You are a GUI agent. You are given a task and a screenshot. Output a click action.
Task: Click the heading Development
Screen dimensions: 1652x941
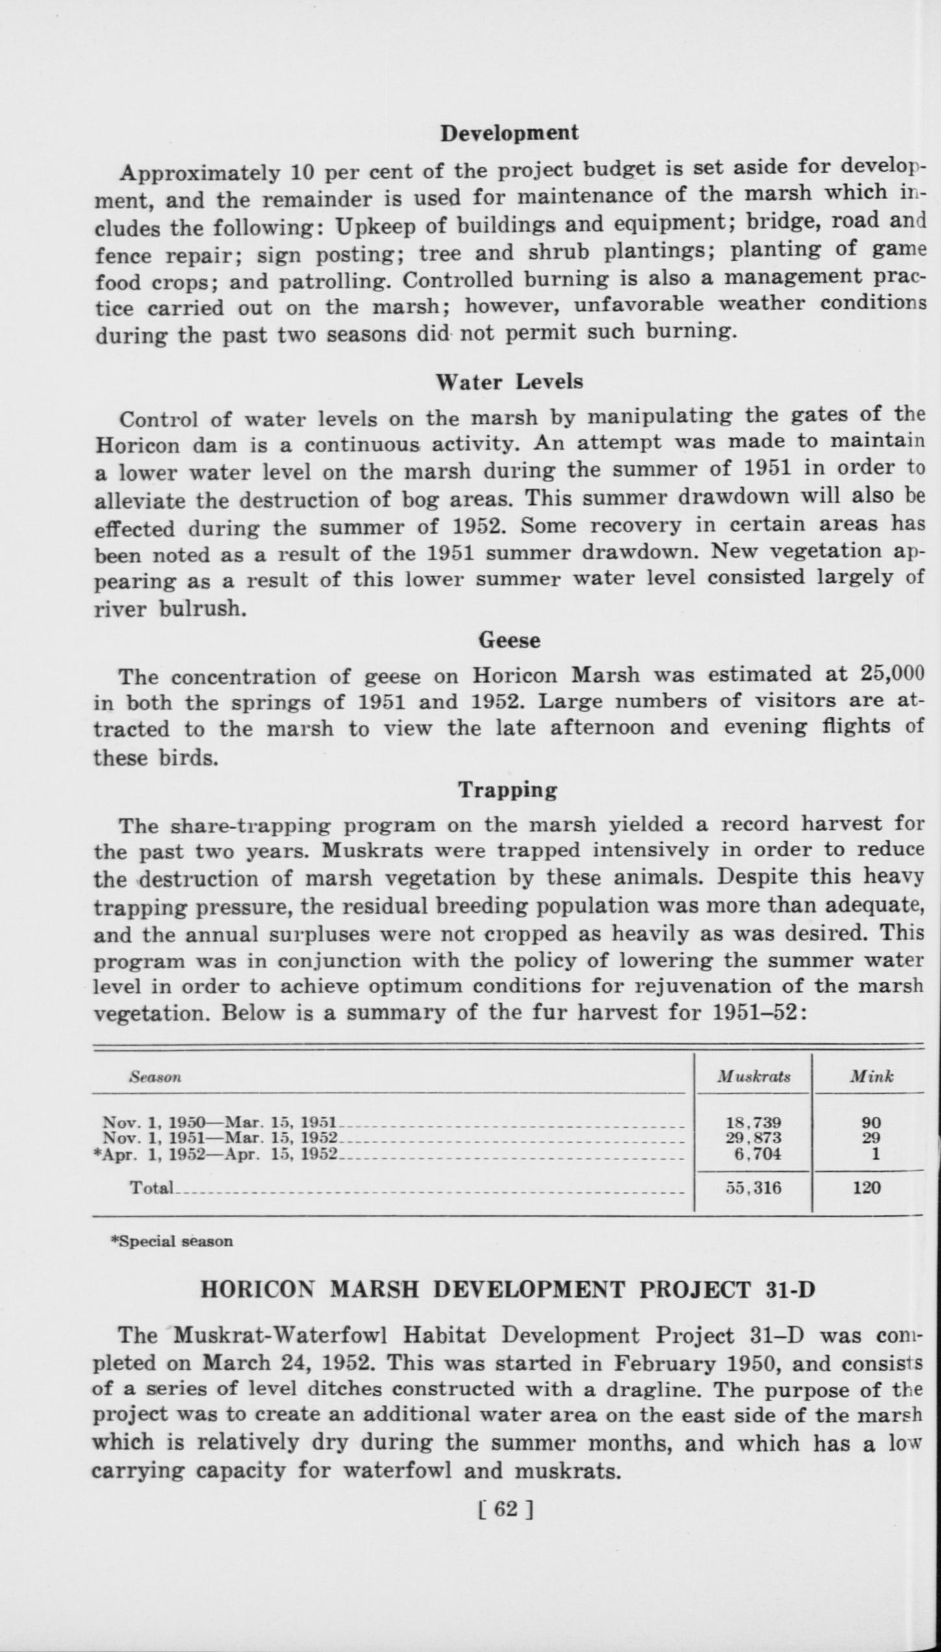509,133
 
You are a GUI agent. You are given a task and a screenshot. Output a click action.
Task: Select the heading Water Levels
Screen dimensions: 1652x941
509,382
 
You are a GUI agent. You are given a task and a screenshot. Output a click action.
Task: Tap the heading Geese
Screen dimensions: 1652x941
509,640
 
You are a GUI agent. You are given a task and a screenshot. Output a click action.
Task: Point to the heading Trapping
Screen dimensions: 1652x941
508,790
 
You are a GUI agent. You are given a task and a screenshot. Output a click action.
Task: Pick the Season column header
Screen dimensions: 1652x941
155,1077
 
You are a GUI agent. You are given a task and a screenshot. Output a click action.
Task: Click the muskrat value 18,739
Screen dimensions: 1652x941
753,1122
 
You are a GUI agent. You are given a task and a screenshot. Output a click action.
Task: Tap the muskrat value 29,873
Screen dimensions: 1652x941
753,1137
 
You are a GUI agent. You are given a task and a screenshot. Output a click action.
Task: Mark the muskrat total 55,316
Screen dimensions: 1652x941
753,1188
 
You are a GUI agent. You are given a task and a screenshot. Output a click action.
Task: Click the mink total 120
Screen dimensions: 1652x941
867,1188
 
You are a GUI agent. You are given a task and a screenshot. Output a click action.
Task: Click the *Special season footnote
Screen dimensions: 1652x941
172,1241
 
